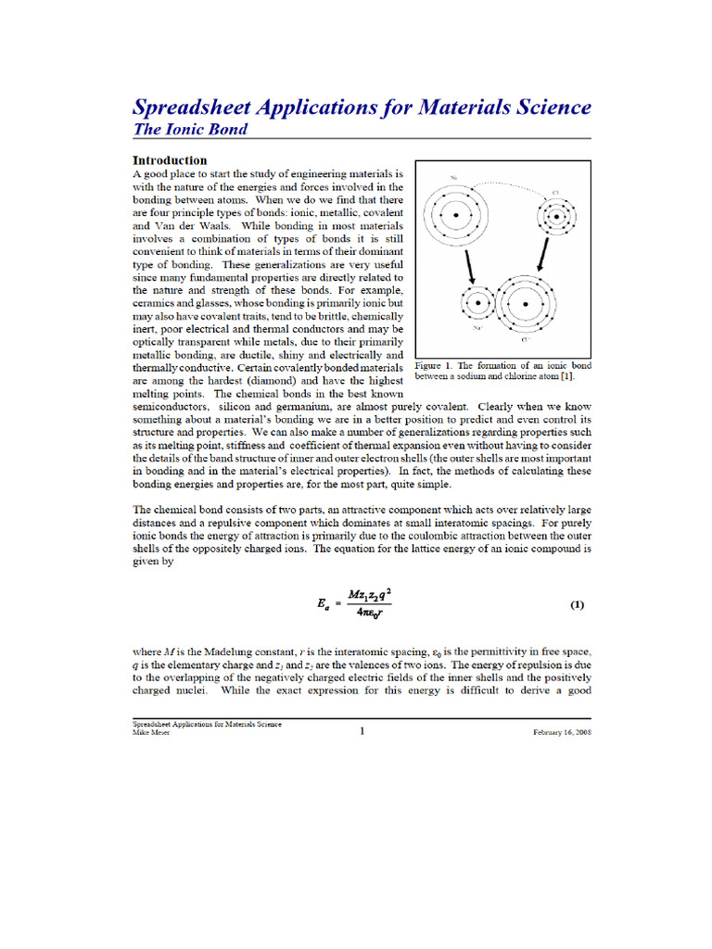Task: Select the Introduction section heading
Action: pyautogui.click(x=170, y=160)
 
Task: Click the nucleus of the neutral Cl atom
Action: pyautogui.click(x=555, y=219)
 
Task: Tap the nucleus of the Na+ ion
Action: pyautogui.click(x=478, y=303)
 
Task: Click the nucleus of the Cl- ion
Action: pyautogui.click(x=526, y=303)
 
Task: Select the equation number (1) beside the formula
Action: pyautogui.click(x=577, y=605)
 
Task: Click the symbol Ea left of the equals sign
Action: pyautogui.click(x=323, y=605)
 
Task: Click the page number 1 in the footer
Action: pyautogui.click(x=362, y=731)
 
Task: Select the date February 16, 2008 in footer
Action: pyautogui.click(x=562, y=732)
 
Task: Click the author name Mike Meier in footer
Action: pyautogui.click(x=153, y=732)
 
